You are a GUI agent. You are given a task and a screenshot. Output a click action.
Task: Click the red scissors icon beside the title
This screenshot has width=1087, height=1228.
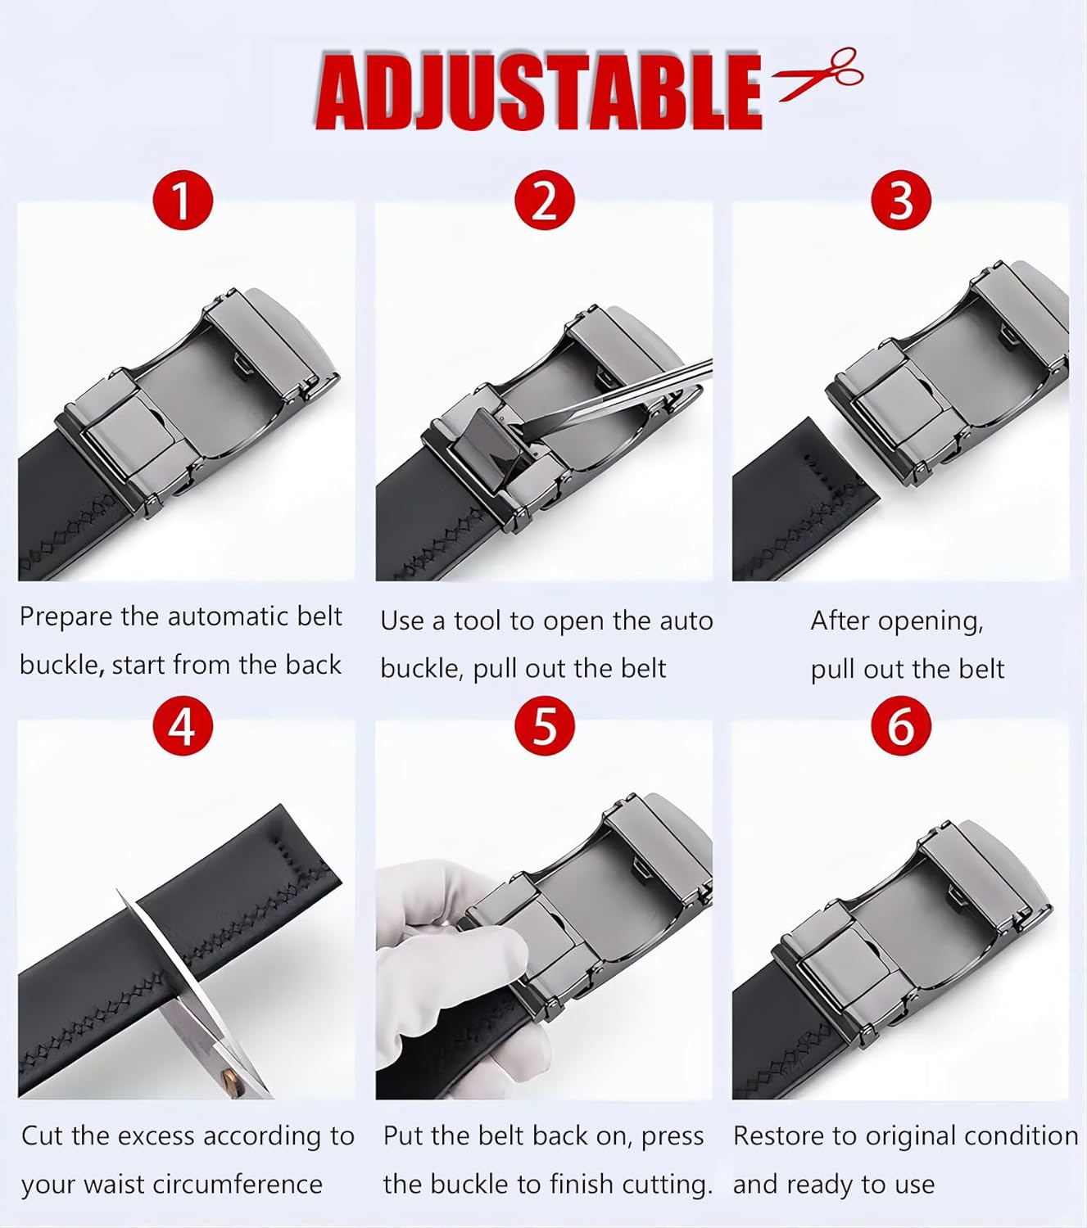[x=819, y=74]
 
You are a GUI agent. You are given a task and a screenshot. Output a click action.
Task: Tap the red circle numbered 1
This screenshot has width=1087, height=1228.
[x=183, y=201]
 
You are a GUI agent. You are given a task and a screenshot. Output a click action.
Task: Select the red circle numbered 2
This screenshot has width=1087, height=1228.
[x=544, y=201]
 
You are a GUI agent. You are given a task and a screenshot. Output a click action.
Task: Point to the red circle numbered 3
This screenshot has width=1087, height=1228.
[x=900, y=201]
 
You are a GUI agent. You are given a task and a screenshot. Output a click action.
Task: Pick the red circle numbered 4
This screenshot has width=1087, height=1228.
[x=183, y=725]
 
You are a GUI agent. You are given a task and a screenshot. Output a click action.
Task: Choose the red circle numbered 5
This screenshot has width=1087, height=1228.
[x=544, y=725]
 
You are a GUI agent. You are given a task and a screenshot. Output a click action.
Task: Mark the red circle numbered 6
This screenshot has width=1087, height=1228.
[x=900, y=725]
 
